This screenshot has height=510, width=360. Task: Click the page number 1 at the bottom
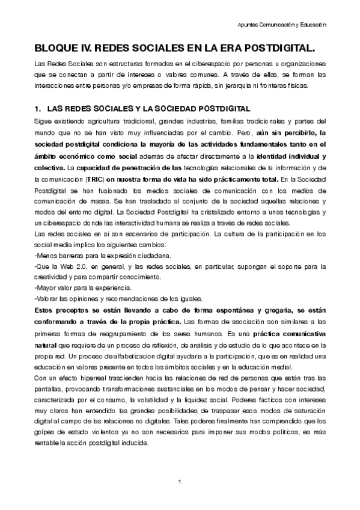click(180, 482)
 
